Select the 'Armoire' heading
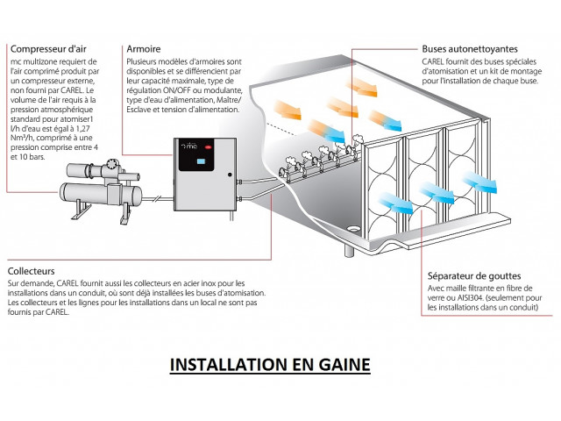143,49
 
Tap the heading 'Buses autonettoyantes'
469,49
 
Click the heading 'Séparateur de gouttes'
472,274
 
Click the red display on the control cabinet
202,161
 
